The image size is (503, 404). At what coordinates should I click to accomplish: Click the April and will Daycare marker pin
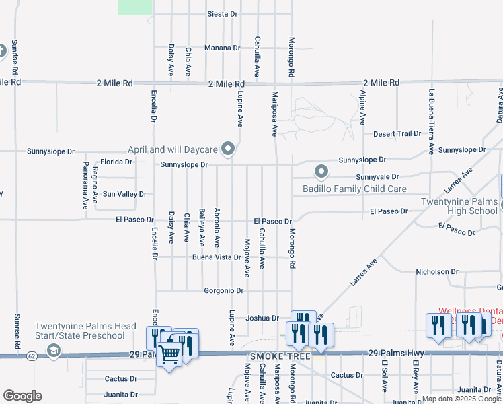pos(229,149)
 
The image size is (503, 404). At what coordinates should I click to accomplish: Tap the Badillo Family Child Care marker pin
pos(322,172)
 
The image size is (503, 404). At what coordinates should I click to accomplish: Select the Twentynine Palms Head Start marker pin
pos(54,351)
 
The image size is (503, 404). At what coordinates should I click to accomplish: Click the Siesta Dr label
pos(223,13)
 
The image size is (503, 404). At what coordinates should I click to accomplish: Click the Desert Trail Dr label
pos(397,134)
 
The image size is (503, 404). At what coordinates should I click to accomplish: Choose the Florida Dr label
pos(116,162)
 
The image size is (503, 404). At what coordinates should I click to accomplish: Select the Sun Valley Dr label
pos(124,194)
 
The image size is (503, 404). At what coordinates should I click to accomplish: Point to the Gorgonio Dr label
pos(223,291)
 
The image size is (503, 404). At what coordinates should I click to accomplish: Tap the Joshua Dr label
pos(262,318)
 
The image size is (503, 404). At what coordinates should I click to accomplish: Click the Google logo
pos(22,395)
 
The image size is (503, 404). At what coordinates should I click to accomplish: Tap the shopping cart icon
pos(170,353)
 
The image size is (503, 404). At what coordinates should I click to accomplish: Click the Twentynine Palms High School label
pos(460,206)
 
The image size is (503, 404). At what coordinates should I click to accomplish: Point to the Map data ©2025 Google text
pos(462,399)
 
